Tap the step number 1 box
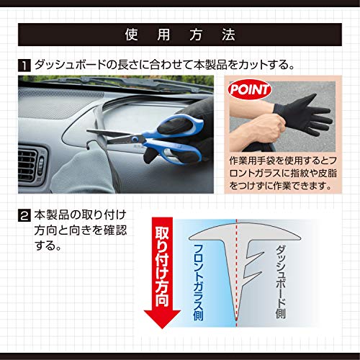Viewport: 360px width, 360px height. coord(25,66)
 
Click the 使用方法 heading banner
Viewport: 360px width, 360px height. coord(180,34)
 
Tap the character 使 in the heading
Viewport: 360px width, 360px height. coord(130,34)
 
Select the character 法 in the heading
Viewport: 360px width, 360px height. coord(229,34)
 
